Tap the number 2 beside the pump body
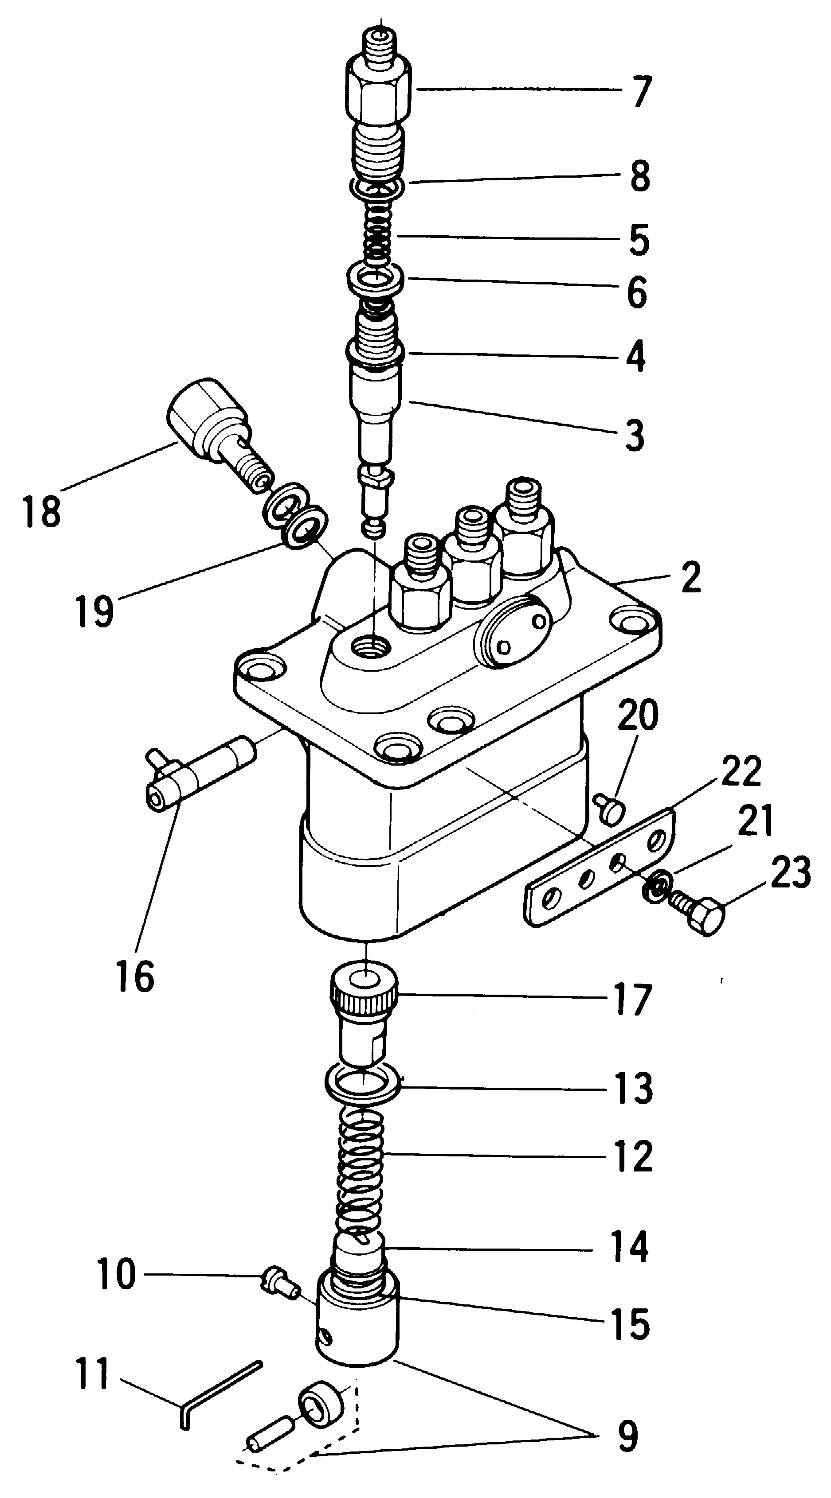[691, 577]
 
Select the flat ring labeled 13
[362, 1082]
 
